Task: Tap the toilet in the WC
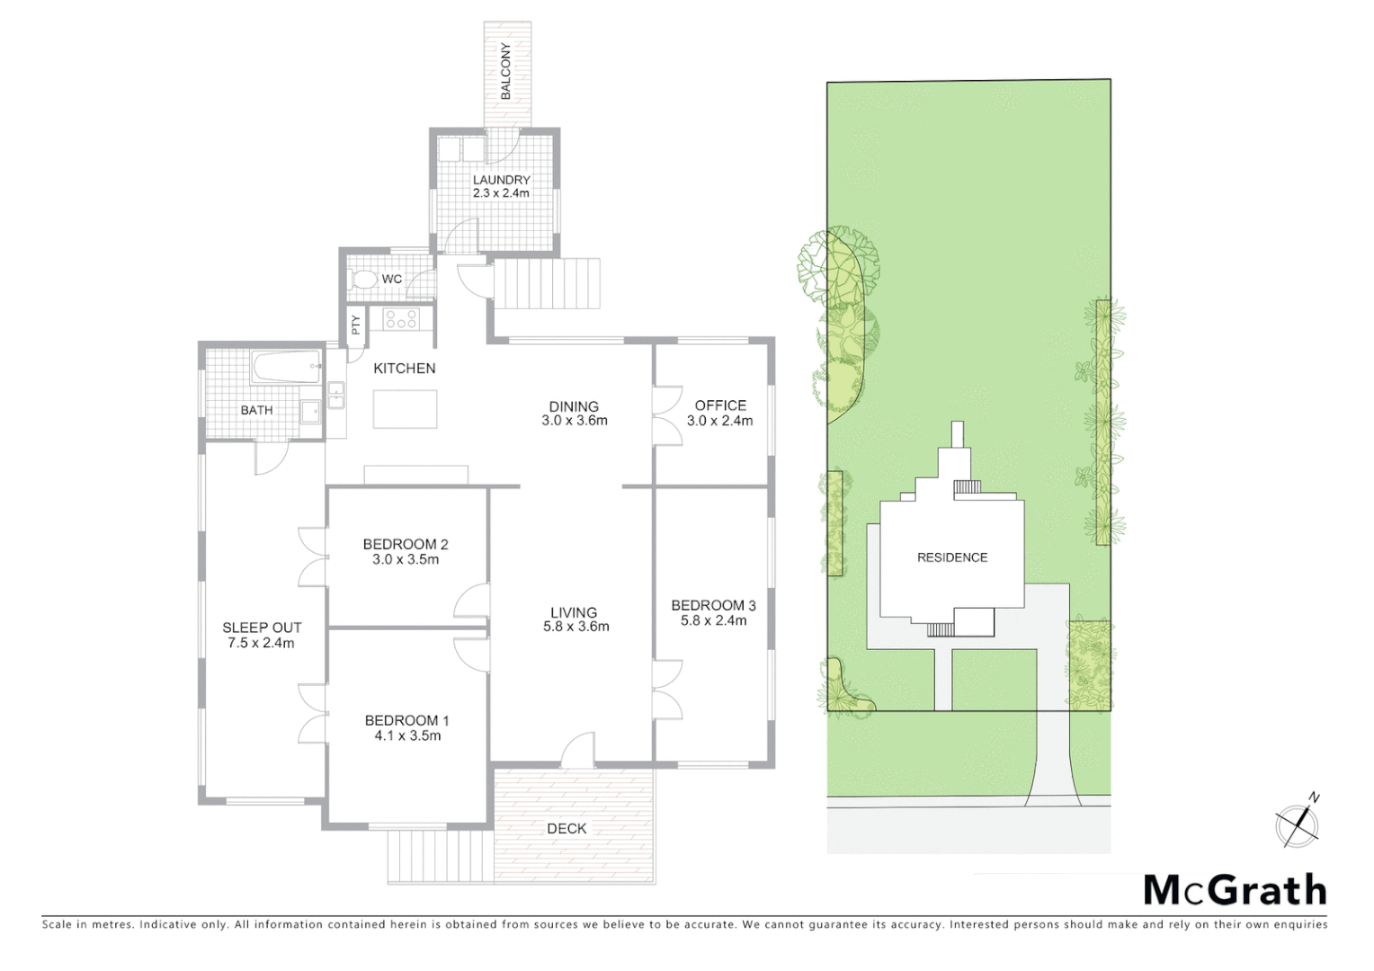point(364,279)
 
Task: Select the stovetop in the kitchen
point(400,318)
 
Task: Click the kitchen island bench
point(405,409)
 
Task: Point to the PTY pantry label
point(356,325)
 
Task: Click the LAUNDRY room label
point(501,180)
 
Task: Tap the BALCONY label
point(506,72)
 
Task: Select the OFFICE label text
point(720,405)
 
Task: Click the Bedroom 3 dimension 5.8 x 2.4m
point(713,620)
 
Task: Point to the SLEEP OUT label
point(262,628)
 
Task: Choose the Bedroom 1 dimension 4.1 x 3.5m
point(407,735)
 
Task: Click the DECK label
point(567,829)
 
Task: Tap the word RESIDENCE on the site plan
point(952,557)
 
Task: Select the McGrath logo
point(1235,890)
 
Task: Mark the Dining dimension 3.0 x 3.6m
point(575,421)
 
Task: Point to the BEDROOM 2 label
point(406,544)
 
